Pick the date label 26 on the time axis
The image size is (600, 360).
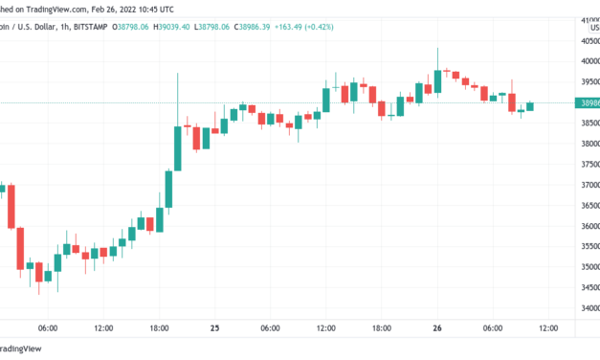437,328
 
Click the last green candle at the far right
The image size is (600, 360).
530,105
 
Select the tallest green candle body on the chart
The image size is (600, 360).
178,147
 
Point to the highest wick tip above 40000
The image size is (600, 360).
437,49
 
